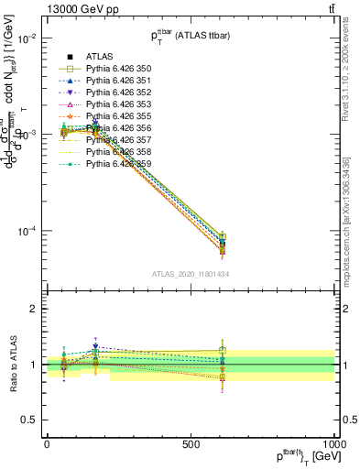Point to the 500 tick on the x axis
(x=191, y=442)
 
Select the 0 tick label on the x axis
(x=47, y=442)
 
